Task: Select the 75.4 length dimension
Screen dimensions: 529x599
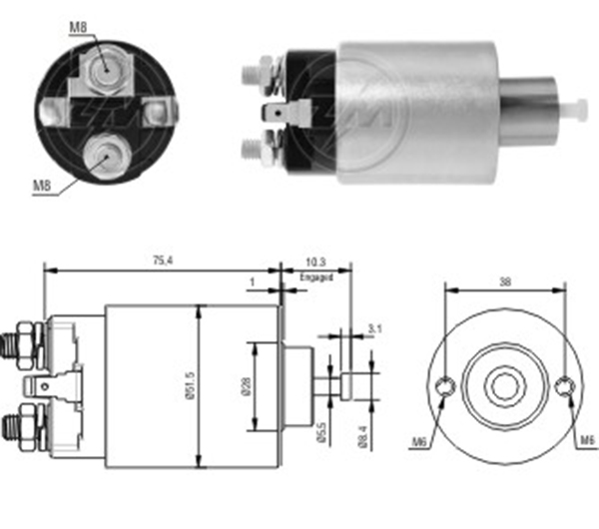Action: coord(160,262)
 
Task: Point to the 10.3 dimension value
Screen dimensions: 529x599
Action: coord(315,264)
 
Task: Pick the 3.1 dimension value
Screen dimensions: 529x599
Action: coord(373,327)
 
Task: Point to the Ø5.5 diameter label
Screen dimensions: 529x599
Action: coord(321,435)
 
